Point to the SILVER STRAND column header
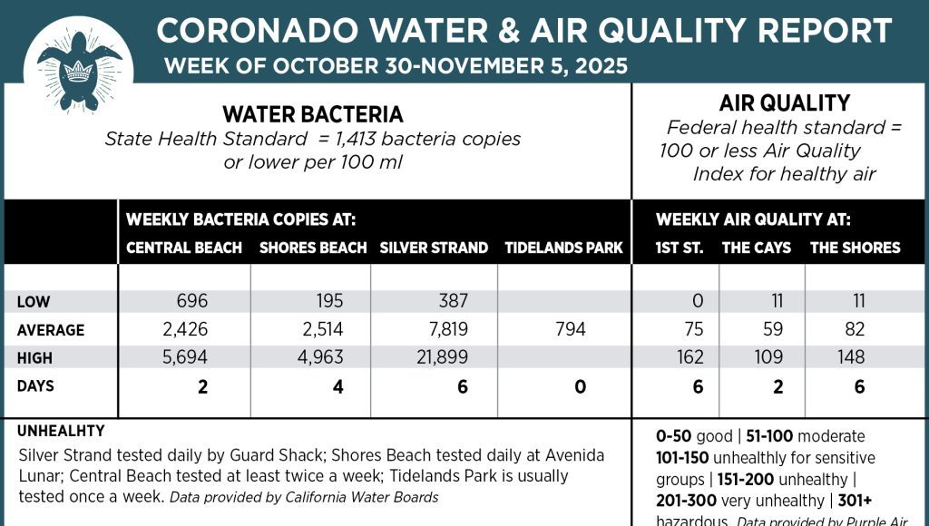434,248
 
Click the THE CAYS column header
756,248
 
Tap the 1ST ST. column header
680,248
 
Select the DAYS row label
35,386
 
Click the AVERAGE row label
50,331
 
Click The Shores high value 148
851,358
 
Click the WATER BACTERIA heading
313,115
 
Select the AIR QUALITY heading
784,103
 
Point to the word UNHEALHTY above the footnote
61,432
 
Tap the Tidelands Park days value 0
580,387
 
